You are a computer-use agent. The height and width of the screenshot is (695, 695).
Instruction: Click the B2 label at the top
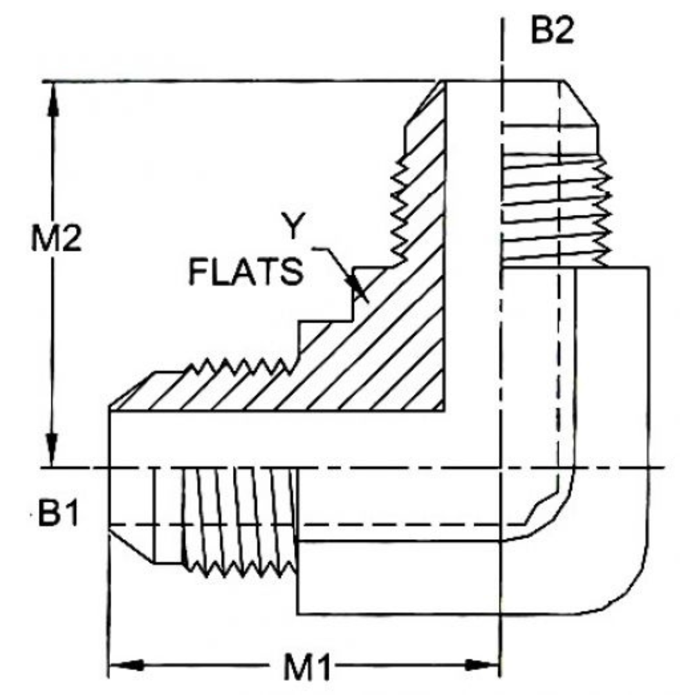[x=551, y=31]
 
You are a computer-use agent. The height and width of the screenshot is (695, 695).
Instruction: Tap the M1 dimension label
[x=308, y=669]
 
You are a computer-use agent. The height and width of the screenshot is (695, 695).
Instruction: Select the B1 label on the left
[x=58, y=515]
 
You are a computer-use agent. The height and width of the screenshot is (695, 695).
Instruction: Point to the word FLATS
[x=245, y=272]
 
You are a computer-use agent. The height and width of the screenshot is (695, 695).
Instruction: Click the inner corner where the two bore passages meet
[x=445, y=410]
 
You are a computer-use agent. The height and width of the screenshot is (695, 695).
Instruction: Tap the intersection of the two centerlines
[x=501, y=467]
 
